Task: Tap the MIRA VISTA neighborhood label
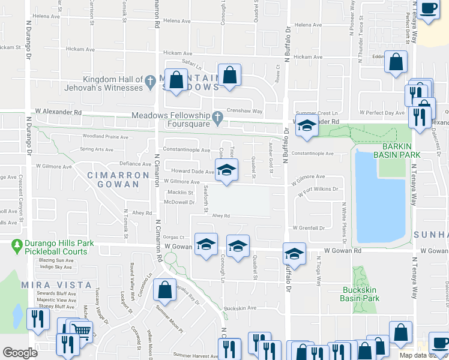tap(56, 284)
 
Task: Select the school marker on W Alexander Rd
tap(306, 125)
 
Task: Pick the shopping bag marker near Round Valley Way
tap(164, 291)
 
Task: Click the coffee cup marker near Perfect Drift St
tap(429, 8)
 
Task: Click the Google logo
tap(20, 353)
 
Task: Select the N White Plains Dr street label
tap(344, 220)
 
